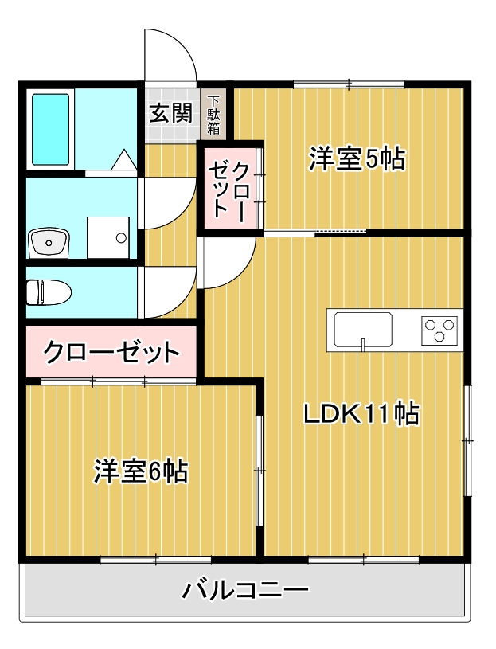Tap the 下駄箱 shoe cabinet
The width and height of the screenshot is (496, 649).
(214, 116)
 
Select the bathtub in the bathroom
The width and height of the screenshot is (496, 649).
(51, 129)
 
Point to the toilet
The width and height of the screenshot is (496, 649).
(48, 292)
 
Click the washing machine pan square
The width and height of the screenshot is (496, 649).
(108, 237)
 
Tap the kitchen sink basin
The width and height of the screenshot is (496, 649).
(363, 330)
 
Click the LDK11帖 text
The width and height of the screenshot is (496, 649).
(361, 413)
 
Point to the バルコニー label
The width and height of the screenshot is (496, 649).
(245, 590)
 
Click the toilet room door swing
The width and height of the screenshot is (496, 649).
(169, 291)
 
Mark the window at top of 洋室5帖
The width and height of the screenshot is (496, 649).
(348, 84)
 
